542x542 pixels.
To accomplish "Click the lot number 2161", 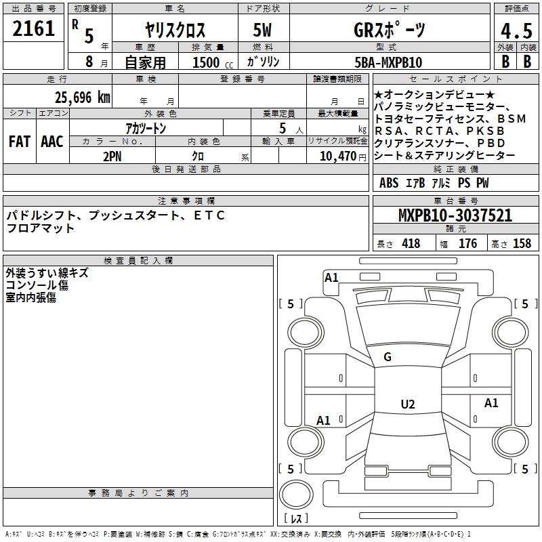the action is click(x=33, y=28).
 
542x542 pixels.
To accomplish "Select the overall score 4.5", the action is click(x=516, y=30).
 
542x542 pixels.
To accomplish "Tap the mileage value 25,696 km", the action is click(x=82, y=98).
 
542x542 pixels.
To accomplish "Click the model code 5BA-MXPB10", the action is click(x=388, y=62).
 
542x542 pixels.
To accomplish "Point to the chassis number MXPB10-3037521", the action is click(x=455, y=215).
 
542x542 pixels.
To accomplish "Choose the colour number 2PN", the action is click(x=112, y=157).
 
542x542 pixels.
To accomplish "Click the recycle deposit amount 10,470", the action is click(x=337, y=156).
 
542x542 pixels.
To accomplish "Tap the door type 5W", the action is click(x=262, y=30).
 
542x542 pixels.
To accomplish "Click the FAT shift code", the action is click(x=20, y=142).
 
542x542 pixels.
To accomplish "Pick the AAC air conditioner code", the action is click(x=52, y=142).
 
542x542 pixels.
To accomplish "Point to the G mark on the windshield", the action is click(x=388, y=357).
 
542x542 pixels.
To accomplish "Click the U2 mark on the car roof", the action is click(x=408, y=404).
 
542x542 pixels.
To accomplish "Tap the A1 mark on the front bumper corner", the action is click(x=331, y=278).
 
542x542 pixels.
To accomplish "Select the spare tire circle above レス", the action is click(x=296, y=495).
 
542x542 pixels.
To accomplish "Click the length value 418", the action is click(x=411, y=244).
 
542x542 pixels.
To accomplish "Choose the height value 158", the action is click(x=522, y=244).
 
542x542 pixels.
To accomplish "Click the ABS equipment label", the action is click(x=389, y=183).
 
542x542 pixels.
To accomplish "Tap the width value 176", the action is click(x=467, y=244).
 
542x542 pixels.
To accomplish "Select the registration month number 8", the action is click(x=89, y=62).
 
